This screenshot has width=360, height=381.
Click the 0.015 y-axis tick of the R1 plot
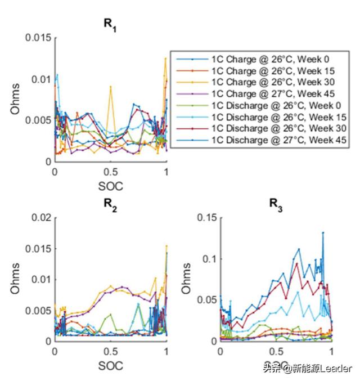pyautogui.click(x=39, y=38)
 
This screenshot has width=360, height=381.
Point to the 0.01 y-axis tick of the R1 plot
pyautogui.click(x=42, y=79)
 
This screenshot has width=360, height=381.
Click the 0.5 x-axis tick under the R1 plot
pyautogui.click(x=111, y=172)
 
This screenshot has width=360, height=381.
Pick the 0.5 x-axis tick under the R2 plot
pyautogui.click(x=111, y=352)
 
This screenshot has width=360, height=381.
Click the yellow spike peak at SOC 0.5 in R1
pyautogui.click(x=111, y=87)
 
